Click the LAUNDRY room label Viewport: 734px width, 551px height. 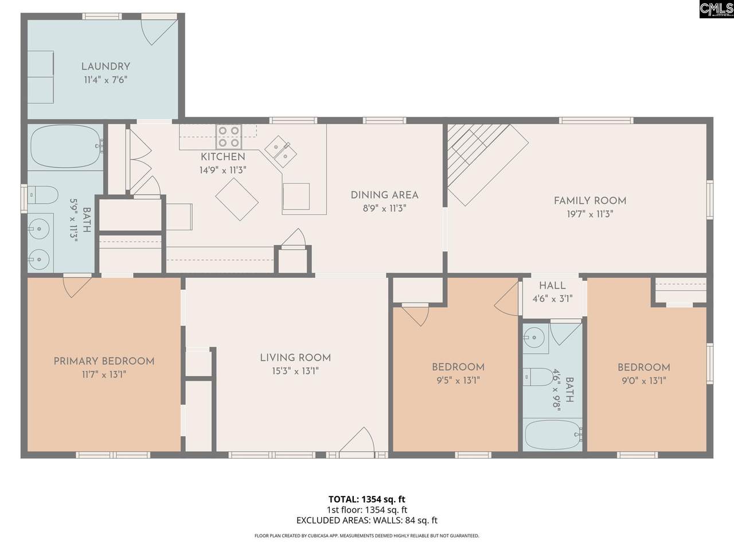(106, 67)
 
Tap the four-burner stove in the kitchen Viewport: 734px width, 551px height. (229, 137)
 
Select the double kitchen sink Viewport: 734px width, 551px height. (281, 151)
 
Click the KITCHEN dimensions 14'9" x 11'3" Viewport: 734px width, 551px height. (222, 170)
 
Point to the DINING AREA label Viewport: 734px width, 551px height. (385, 195)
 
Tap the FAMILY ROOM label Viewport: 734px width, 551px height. (590, 201)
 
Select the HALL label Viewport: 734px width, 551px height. (552, 285)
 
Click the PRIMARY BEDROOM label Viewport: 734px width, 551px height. (104, 362)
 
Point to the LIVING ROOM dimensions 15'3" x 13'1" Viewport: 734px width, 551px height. (295, 371)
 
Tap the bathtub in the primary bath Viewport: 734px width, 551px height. (67, 146)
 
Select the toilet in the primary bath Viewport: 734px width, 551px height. (43, 195)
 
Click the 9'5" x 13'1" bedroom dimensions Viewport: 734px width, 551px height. (458, 381)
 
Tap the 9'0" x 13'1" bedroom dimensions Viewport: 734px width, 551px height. (644, 381)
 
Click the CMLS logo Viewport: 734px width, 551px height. (717, 9)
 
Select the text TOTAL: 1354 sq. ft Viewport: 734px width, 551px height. (367, 499)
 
